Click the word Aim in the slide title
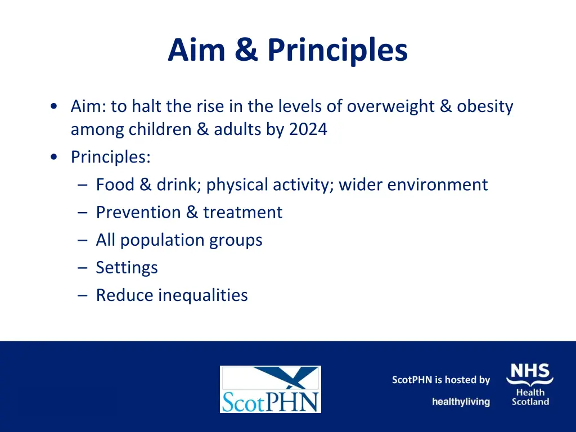(x=196, y=50)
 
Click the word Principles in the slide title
(x=337, y=50)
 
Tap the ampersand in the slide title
(x=246, y=50)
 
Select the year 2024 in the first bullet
(x=308, y=129)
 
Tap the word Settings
(x=127, y=267)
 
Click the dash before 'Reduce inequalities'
(x=83, y=295)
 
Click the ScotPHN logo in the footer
(x=270, y=389)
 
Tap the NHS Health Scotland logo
(x=530, y=385)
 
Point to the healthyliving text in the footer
(x=461, y=402)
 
